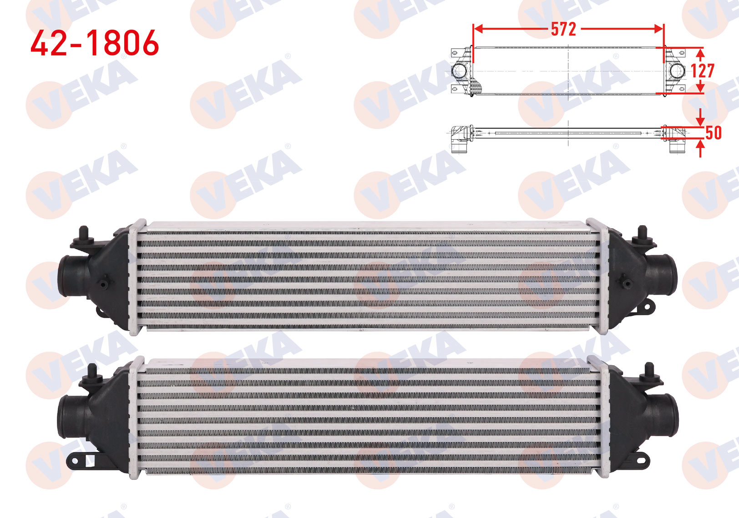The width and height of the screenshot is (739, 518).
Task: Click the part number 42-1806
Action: pyautogui.click(x=95, y=43)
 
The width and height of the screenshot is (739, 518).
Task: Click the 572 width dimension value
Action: pyautogui.click(x=563, y=30)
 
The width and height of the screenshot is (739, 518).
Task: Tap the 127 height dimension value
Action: pyautogui.click(x=703, y=70)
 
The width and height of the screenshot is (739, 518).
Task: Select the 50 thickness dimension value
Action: pyautogui.click(x=713, y=132)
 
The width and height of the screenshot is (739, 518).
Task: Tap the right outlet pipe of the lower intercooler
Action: pyautogui.click(x=663, y=416)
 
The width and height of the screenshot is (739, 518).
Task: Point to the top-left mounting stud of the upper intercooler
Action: pyautogui.click(x=83, y=234)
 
